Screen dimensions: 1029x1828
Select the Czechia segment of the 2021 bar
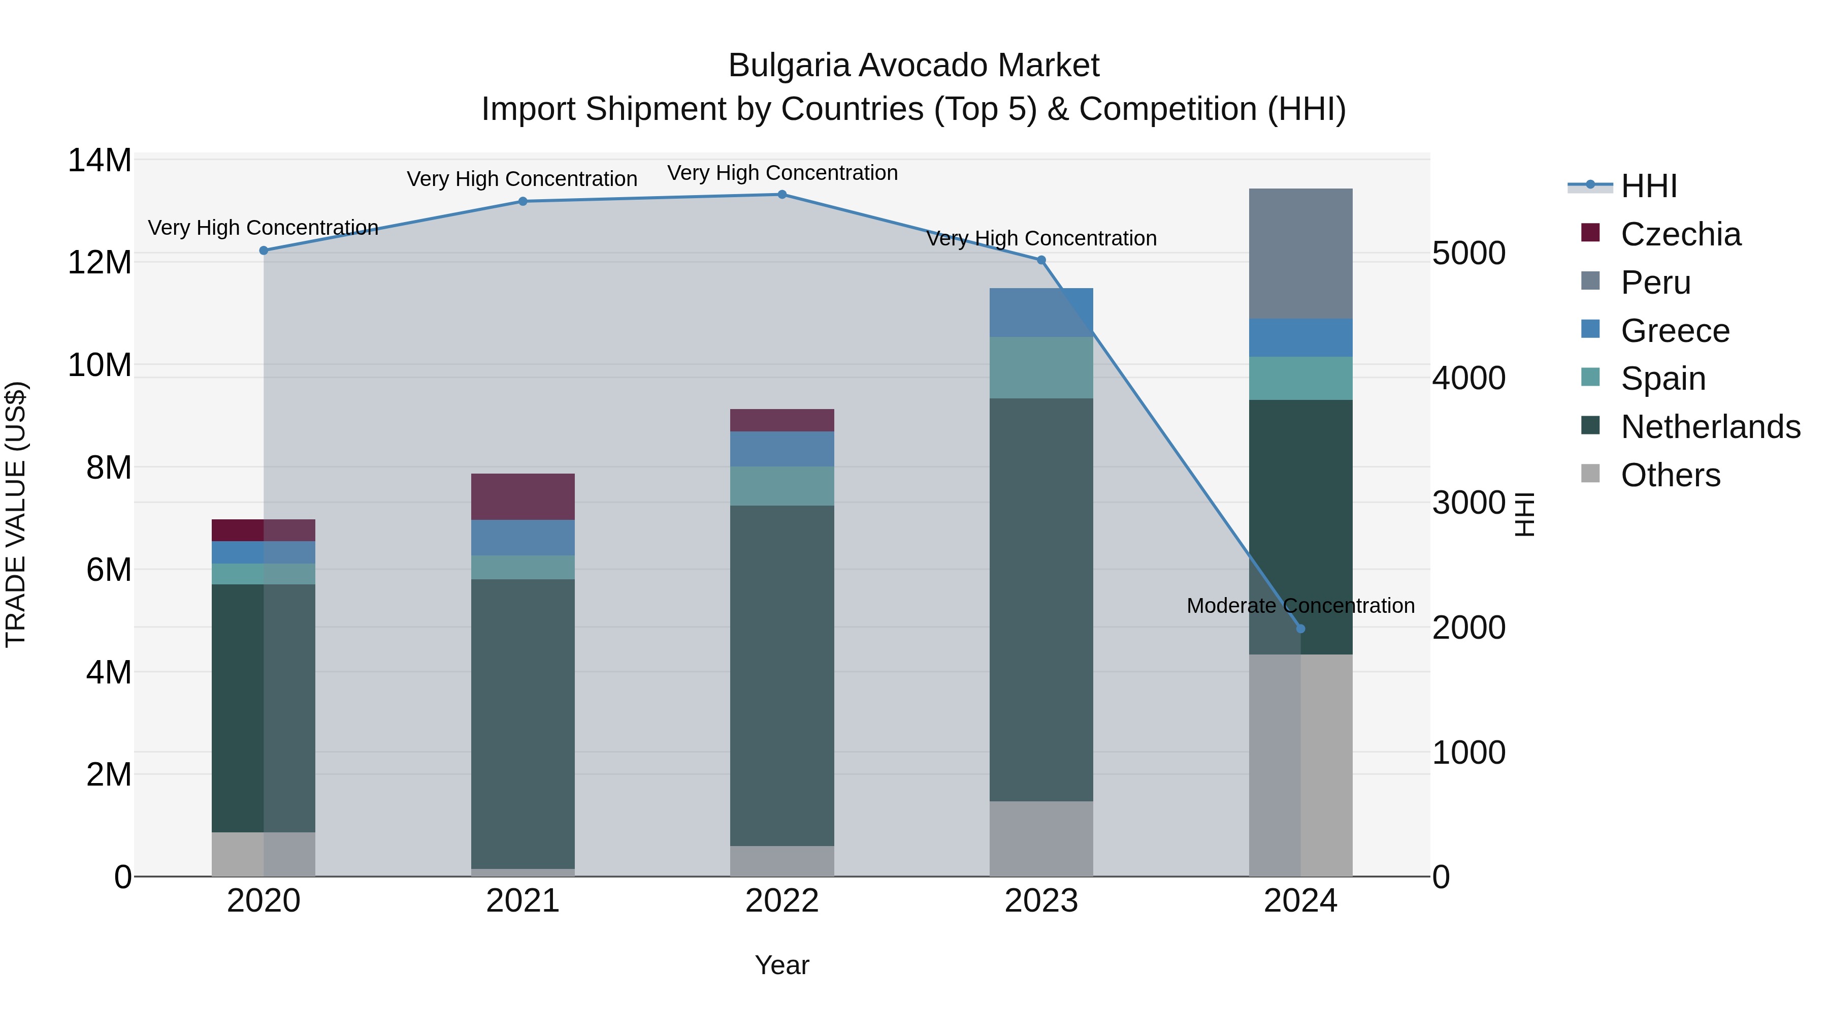tap(523, 496)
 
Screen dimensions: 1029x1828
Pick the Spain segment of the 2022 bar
tap(782, 486)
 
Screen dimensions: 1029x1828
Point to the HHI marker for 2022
tap(782, 195)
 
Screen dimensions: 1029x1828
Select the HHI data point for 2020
tap(264, 251)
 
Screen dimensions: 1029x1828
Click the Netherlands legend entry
tap(1710, 427)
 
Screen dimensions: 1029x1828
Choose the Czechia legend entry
tap(1680, 234)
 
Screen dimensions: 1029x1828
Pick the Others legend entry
tap(1671, 475)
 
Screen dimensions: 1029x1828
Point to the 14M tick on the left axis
tap(100, 161)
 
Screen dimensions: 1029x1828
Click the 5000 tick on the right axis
tap(1468, 254)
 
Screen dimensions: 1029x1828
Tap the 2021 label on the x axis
tap(523, 901)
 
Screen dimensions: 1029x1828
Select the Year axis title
tap(782, 965)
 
